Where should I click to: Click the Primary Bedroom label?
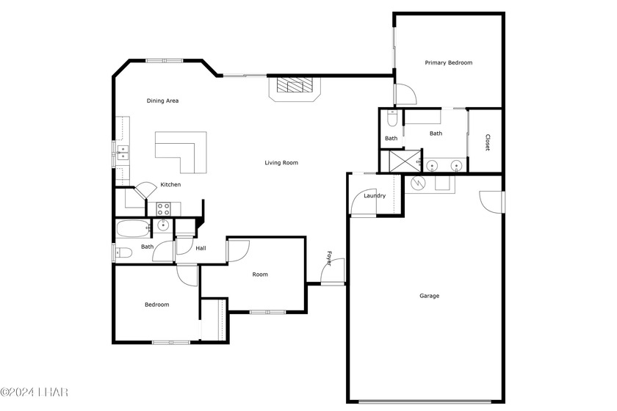[x=448, y=63]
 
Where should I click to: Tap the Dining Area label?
[x=162, y=101]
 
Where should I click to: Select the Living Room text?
[x=281, y=162]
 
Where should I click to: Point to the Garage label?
[x=429, y=296]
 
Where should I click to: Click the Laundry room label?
[x=375, y=195]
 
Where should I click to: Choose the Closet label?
[x=487, y=142]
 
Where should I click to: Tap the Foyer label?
[x=330, y=258]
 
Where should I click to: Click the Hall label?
[x=201, y=248]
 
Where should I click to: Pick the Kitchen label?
[x=170, y=184]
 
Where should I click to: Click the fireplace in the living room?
[x=295, y=87]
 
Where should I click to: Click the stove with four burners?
[x=164, y=208]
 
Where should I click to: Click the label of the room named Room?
[x=260, y=274]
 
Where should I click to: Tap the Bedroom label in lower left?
[x=156, y=305]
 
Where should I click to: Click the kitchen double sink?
[x=122, y=153]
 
